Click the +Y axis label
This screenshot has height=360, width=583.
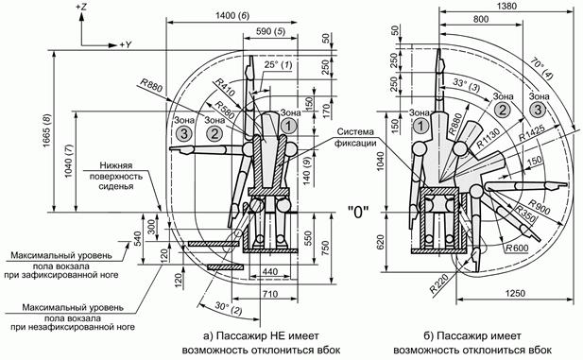pyautogui.click(x=126, y=45)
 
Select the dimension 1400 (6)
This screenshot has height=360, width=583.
pyautogui.click(x=232, y=16)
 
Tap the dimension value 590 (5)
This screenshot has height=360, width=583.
pyautogui.click(x=270, y=31)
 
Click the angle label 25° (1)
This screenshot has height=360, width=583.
pyautogui.click(x=278, y=64)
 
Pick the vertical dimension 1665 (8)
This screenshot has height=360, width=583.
pyautogui.click(x=48, y=130)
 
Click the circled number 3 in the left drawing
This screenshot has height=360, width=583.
pyautogui.click(x=184, y=133)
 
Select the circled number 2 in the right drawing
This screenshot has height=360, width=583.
pyautogui.click(x=503, y=111)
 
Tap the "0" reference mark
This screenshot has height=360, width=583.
pyautogui.click(x=358, y=213)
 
